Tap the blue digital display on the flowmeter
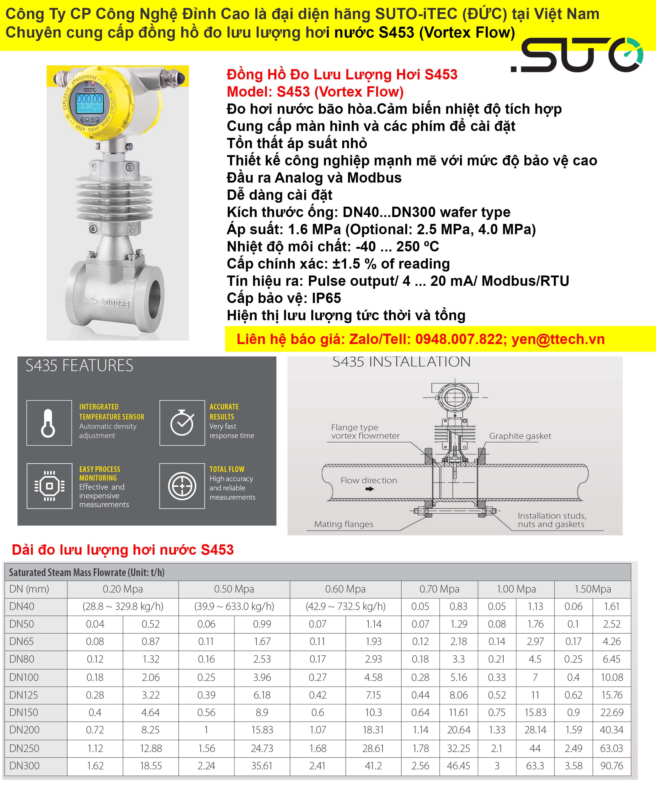click(x=90, y=103)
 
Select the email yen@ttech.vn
click(x=558, y=339)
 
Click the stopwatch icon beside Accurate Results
click(x=182, y=423)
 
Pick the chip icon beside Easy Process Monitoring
click(x=49, y=486)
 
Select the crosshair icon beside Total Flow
click(x=182, y=486)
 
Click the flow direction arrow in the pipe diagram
click(x=370, y=489)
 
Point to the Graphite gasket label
click(x=520, y=436)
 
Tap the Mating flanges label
click(x=344, y=524)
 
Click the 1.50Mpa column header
click(x=593, y=589)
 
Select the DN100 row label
click(x=24, y=677)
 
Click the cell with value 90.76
click(x=612, y=766)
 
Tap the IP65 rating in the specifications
click(x=326, y=298)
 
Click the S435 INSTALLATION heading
click(x=401, y=362)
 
